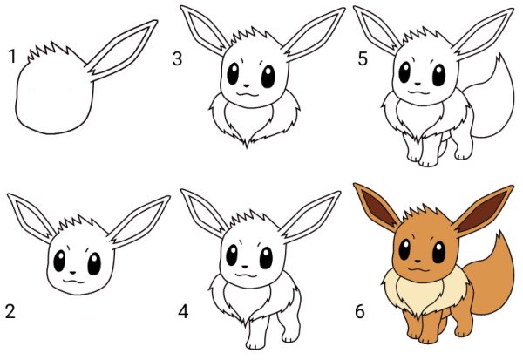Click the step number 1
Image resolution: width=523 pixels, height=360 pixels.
[x=12, y=56]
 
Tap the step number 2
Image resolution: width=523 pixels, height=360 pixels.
[x=10, y=311]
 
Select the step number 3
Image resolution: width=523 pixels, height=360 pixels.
[x=177, y=58]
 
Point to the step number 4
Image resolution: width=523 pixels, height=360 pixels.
[x=183, y=311]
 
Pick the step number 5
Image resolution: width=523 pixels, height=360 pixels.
[x=363, y=58]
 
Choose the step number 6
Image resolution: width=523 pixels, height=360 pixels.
[x=359, y=311]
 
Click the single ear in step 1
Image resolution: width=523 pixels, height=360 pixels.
[x=121, y=50]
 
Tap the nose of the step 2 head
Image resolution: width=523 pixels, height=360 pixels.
[x=73, y=272]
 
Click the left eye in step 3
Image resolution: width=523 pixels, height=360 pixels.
[x=233, y=74]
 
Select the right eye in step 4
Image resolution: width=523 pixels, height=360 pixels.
[x=266, y=258]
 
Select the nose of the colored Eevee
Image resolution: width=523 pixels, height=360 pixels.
[x=418, y=260]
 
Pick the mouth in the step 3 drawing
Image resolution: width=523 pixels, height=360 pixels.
[x=248, y=94]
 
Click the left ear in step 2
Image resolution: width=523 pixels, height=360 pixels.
[x=30, y=217]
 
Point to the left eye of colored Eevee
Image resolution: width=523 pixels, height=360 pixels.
[x=404, y=249]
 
